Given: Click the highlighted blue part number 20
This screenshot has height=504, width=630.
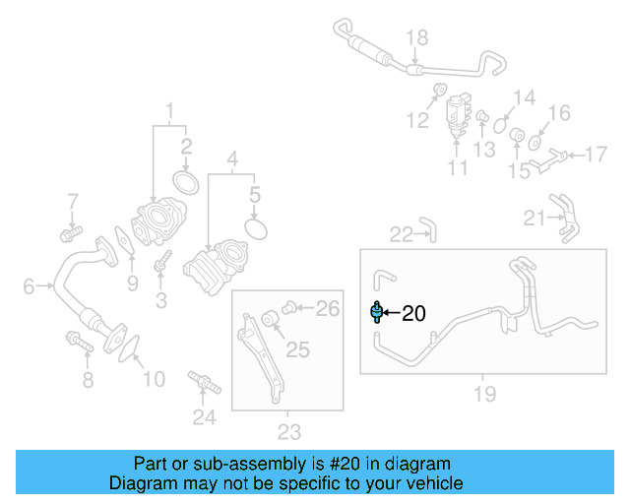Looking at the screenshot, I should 375,312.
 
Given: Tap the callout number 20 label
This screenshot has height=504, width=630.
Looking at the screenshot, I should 413,314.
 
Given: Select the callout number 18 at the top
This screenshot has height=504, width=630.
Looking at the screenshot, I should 417,38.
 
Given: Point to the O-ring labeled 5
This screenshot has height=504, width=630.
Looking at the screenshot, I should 256,228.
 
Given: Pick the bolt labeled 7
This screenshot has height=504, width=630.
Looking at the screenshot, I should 70,234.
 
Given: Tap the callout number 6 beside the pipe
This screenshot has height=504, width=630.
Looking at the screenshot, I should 29,286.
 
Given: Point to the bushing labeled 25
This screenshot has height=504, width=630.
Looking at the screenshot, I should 268,320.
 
